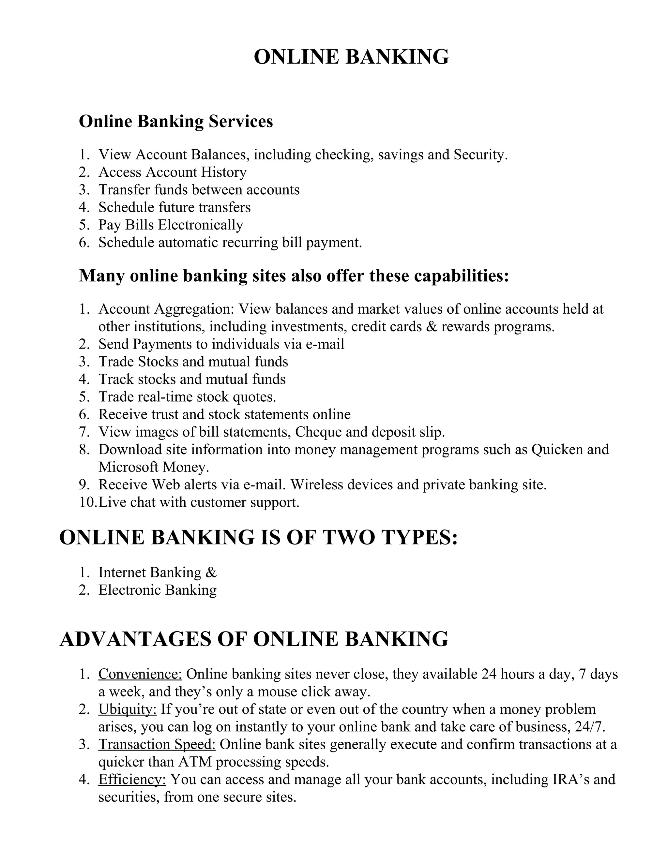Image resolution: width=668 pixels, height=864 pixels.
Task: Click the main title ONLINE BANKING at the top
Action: click(351, 57)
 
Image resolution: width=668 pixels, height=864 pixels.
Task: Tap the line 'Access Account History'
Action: click(172, 172)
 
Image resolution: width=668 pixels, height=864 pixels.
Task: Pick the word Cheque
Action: click(319, 432)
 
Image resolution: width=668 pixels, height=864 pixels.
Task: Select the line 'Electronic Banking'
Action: click(157, 590)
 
